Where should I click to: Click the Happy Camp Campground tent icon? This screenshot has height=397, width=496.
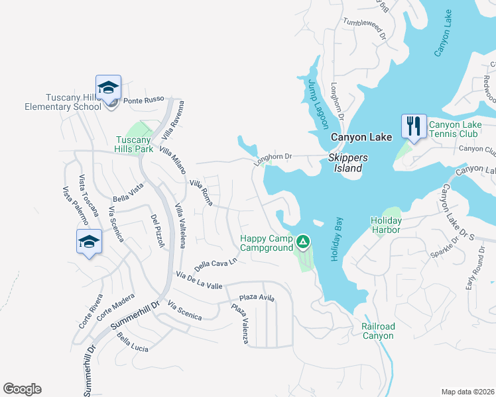click(303, 242)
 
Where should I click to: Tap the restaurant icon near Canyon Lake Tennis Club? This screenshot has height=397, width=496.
click(414, 126)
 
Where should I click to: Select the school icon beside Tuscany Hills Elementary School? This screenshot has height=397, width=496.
click(108, 87)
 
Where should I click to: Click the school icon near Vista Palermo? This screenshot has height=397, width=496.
click(89, 242)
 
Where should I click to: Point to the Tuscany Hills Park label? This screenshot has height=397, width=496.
click(135, 144)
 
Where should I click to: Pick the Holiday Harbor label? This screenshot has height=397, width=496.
click(386, 225)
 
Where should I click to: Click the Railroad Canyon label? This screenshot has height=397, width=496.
click(379, 331)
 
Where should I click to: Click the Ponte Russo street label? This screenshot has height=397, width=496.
click(139, 101)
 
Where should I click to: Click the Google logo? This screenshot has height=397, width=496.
click(22, 389)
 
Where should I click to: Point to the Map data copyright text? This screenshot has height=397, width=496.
click(467, 391)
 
